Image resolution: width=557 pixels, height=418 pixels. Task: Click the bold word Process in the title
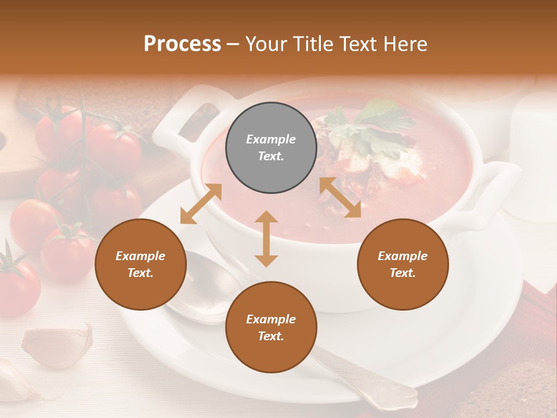point(182,44)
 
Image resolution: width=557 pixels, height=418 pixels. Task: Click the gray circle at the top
point(271,148)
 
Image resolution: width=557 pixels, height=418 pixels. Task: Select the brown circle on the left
point(140,264)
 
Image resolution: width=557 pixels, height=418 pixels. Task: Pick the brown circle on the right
point(403,264)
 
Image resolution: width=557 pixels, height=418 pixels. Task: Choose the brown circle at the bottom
point(271,327)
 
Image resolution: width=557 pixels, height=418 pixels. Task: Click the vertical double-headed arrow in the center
point(266,239)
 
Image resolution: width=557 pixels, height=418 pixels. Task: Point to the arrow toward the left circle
point(201,204)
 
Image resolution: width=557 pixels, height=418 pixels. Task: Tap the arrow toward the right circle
point(340,197)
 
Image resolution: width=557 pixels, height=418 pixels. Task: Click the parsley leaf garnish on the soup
point(371,125)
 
